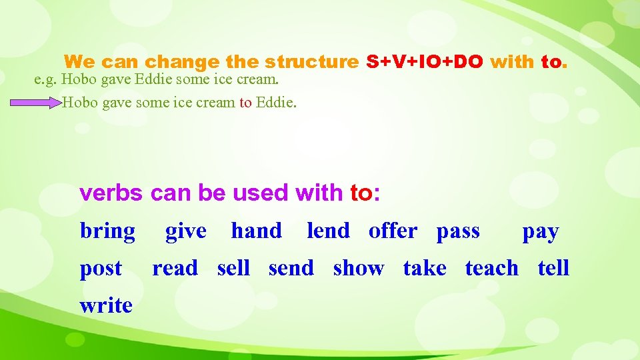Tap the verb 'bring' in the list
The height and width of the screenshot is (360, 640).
click(x=107, y=232)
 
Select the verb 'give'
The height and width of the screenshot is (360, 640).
click(x=185, y=231)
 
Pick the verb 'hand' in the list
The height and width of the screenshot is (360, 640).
click(x=256, y=231)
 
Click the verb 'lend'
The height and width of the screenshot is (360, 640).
click(x=328, y=231)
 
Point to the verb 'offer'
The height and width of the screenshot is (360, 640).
click(x=393, y=231)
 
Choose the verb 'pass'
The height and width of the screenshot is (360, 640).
click(x=458, y=232)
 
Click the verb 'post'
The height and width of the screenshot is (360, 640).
click(x=101, y=269)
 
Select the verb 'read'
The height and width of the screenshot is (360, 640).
click(x=175, y=268)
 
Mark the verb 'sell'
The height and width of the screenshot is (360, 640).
click(x=233, y=268)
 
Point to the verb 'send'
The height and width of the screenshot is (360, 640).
click(x=291, y=268)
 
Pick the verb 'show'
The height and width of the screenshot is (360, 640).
click(x=359, y=268)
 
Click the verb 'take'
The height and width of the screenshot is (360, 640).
click(x=425, y=268)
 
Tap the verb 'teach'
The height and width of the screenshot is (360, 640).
click(x=491, y=268)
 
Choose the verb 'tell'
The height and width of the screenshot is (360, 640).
click(x=553, y=268)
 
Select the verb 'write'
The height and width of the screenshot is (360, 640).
click(x=106, y=305)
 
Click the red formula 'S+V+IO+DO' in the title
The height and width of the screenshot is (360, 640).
click(x=425, y=62)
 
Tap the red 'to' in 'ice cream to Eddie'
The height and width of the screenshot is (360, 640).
click(x=246, y=103)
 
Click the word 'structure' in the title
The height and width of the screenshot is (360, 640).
click(x=311, y=62)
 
